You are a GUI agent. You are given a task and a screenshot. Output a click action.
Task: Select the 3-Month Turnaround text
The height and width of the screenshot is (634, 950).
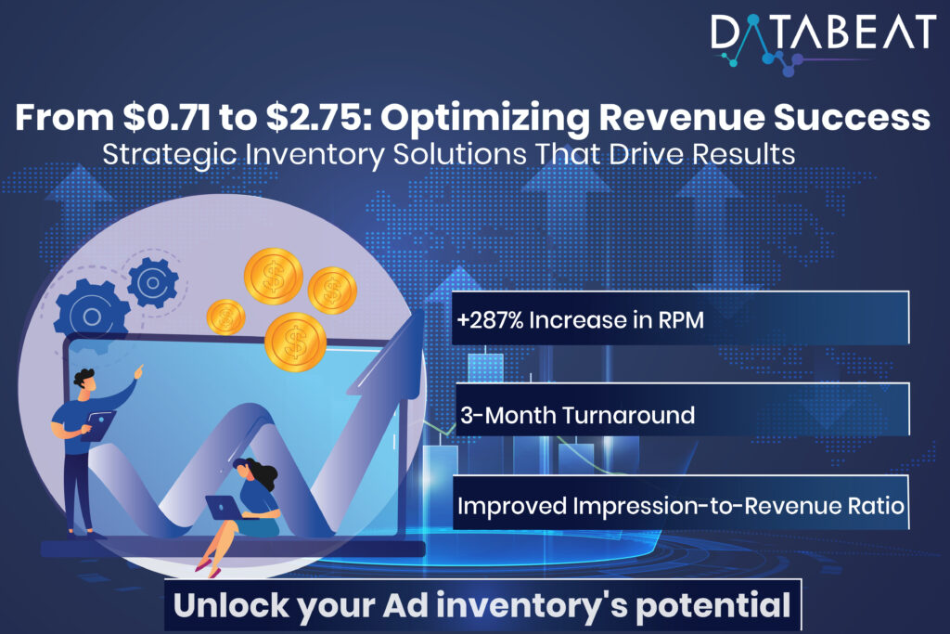[577, 414]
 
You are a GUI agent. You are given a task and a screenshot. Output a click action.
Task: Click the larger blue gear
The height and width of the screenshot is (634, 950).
[91, 317]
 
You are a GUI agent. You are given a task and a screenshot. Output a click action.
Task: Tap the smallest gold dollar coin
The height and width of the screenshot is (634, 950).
[225, 317]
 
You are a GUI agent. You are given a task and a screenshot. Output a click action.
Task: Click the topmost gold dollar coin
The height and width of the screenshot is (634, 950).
[274, 276]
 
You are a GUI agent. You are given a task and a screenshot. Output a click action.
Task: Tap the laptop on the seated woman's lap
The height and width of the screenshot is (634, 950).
[223, 507]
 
